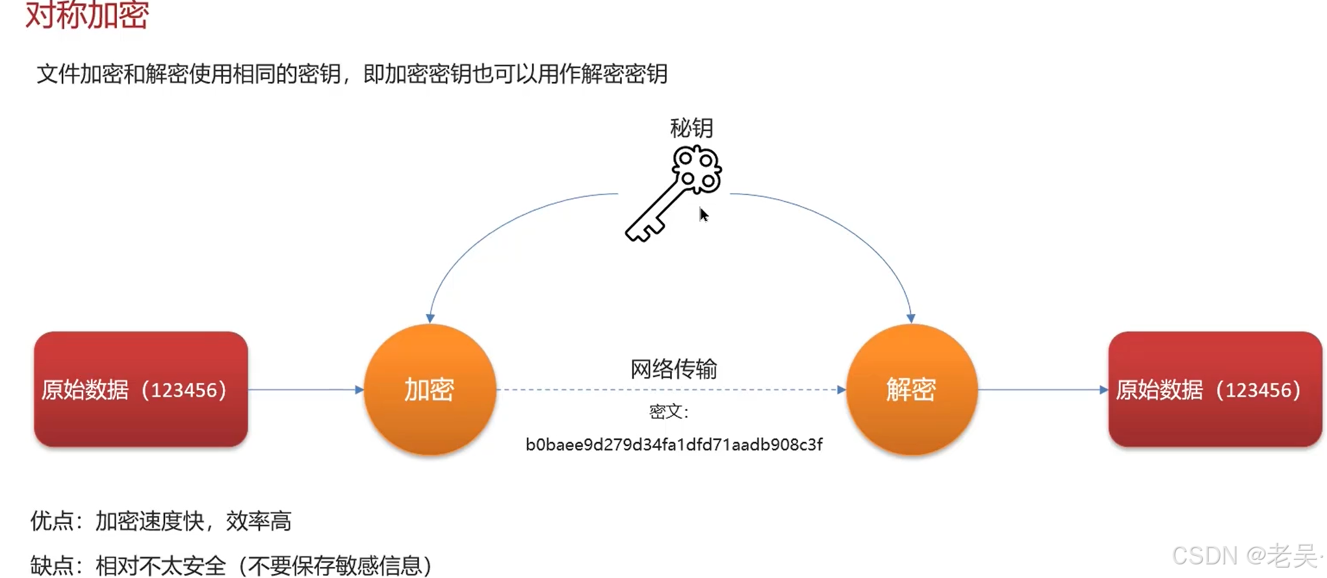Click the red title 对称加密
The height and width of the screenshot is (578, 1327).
pos(87,14)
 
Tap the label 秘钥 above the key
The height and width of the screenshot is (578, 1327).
pos(691,128)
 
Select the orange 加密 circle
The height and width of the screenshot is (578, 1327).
pos(430,389)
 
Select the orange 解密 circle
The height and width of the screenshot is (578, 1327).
pos(911,389)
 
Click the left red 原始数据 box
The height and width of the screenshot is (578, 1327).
pos(140,389)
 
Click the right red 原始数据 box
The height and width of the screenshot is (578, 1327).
pos(1214,389)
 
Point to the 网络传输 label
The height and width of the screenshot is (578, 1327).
pos(673,369)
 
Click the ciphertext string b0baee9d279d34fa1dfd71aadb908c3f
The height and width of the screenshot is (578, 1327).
pos(674,445)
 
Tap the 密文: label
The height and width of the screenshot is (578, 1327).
pos(669,412)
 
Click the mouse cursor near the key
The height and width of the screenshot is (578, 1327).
pos(703,215)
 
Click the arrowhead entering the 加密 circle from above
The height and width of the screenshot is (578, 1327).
pos(430,318)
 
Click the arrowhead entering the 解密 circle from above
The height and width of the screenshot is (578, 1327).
pos(911,318)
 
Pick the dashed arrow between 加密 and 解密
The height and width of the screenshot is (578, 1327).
pos(669,390)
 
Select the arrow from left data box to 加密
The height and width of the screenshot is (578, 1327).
pos(305,390)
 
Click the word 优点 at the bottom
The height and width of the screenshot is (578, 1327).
pos(52,521)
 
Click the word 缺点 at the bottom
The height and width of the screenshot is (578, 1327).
pos(52,566)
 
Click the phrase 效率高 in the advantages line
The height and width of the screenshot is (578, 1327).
pos(259,521)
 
